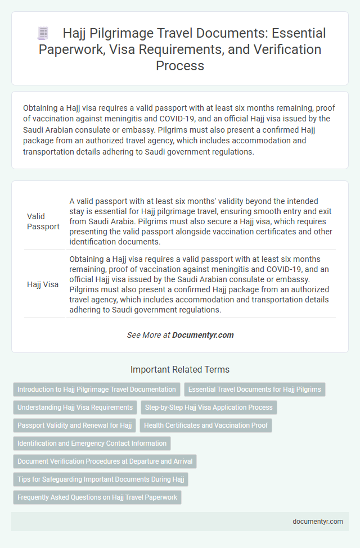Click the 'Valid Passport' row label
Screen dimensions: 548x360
pos(43,221)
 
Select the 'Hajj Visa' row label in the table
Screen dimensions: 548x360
pos(43,284)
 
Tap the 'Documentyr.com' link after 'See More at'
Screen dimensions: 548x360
pos(202,335)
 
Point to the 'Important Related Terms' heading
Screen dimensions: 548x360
pos(180,370)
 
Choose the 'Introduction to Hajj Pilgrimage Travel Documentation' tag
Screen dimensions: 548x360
pos(96,389)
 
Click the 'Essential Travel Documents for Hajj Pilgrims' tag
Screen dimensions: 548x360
pos(254,389)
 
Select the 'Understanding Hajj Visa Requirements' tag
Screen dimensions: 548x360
pos(75,407)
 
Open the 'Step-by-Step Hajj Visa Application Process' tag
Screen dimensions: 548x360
pos(209,407)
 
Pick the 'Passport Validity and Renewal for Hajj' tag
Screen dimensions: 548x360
pos(74,425)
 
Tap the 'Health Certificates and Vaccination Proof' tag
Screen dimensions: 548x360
pos(206,425)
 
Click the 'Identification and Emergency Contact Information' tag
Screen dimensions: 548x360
pos(92,443)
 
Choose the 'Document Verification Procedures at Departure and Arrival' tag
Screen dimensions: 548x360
pos(105,461)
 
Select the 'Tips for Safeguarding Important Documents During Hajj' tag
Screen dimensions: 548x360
pos(100,479)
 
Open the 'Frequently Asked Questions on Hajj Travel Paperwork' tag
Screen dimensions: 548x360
pos(97,497)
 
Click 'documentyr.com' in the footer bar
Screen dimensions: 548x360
pos(318,521)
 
